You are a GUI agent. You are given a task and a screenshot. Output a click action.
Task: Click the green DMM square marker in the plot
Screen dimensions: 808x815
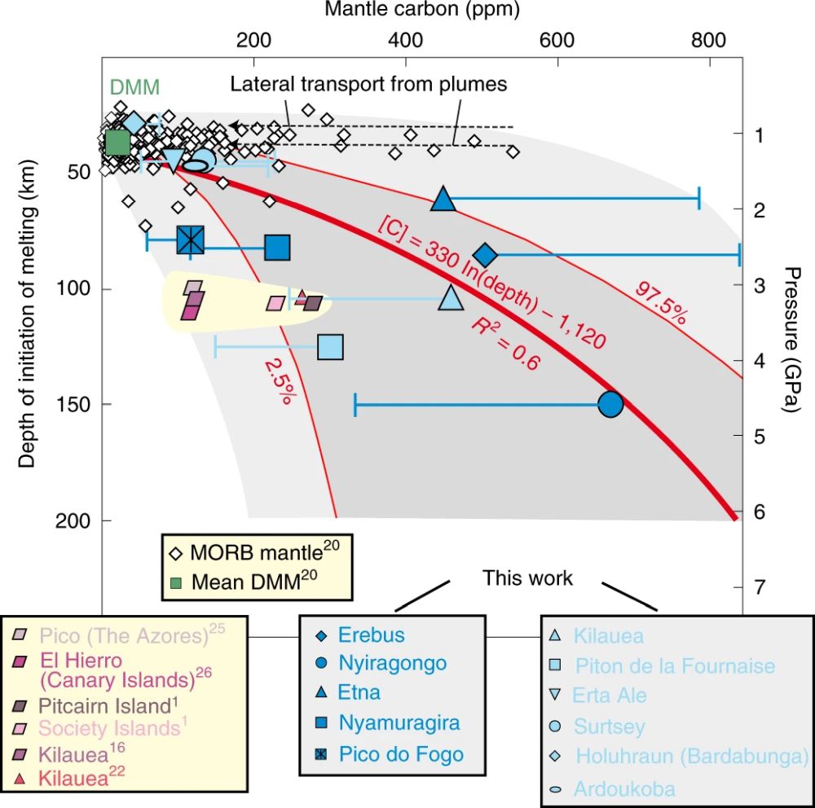pos(117,143)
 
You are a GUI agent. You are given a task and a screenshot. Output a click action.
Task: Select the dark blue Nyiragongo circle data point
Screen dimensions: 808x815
pos(610,404)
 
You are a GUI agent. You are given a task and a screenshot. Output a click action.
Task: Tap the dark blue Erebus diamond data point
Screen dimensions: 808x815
pos(486,255)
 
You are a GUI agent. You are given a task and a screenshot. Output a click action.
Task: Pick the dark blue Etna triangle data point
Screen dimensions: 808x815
pos(443,199)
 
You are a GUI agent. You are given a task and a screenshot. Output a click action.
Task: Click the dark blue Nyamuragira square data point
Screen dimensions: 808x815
pos(278,247)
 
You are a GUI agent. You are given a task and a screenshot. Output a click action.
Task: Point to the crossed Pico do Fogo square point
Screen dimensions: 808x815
pos(190,239)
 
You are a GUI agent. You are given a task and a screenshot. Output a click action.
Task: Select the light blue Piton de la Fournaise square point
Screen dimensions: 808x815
pos(329,347)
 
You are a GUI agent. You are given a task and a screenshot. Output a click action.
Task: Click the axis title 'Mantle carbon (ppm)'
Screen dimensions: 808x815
pos(421,10)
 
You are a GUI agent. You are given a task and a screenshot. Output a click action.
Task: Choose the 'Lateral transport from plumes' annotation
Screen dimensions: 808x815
pos(368,85)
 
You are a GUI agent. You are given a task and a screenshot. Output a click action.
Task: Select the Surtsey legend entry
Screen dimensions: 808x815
pos(609,727)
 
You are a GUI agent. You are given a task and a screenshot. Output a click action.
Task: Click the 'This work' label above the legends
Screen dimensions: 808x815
pos(527,578)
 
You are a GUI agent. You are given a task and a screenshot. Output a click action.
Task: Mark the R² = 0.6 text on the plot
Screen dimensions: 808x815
pos(505,345)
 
